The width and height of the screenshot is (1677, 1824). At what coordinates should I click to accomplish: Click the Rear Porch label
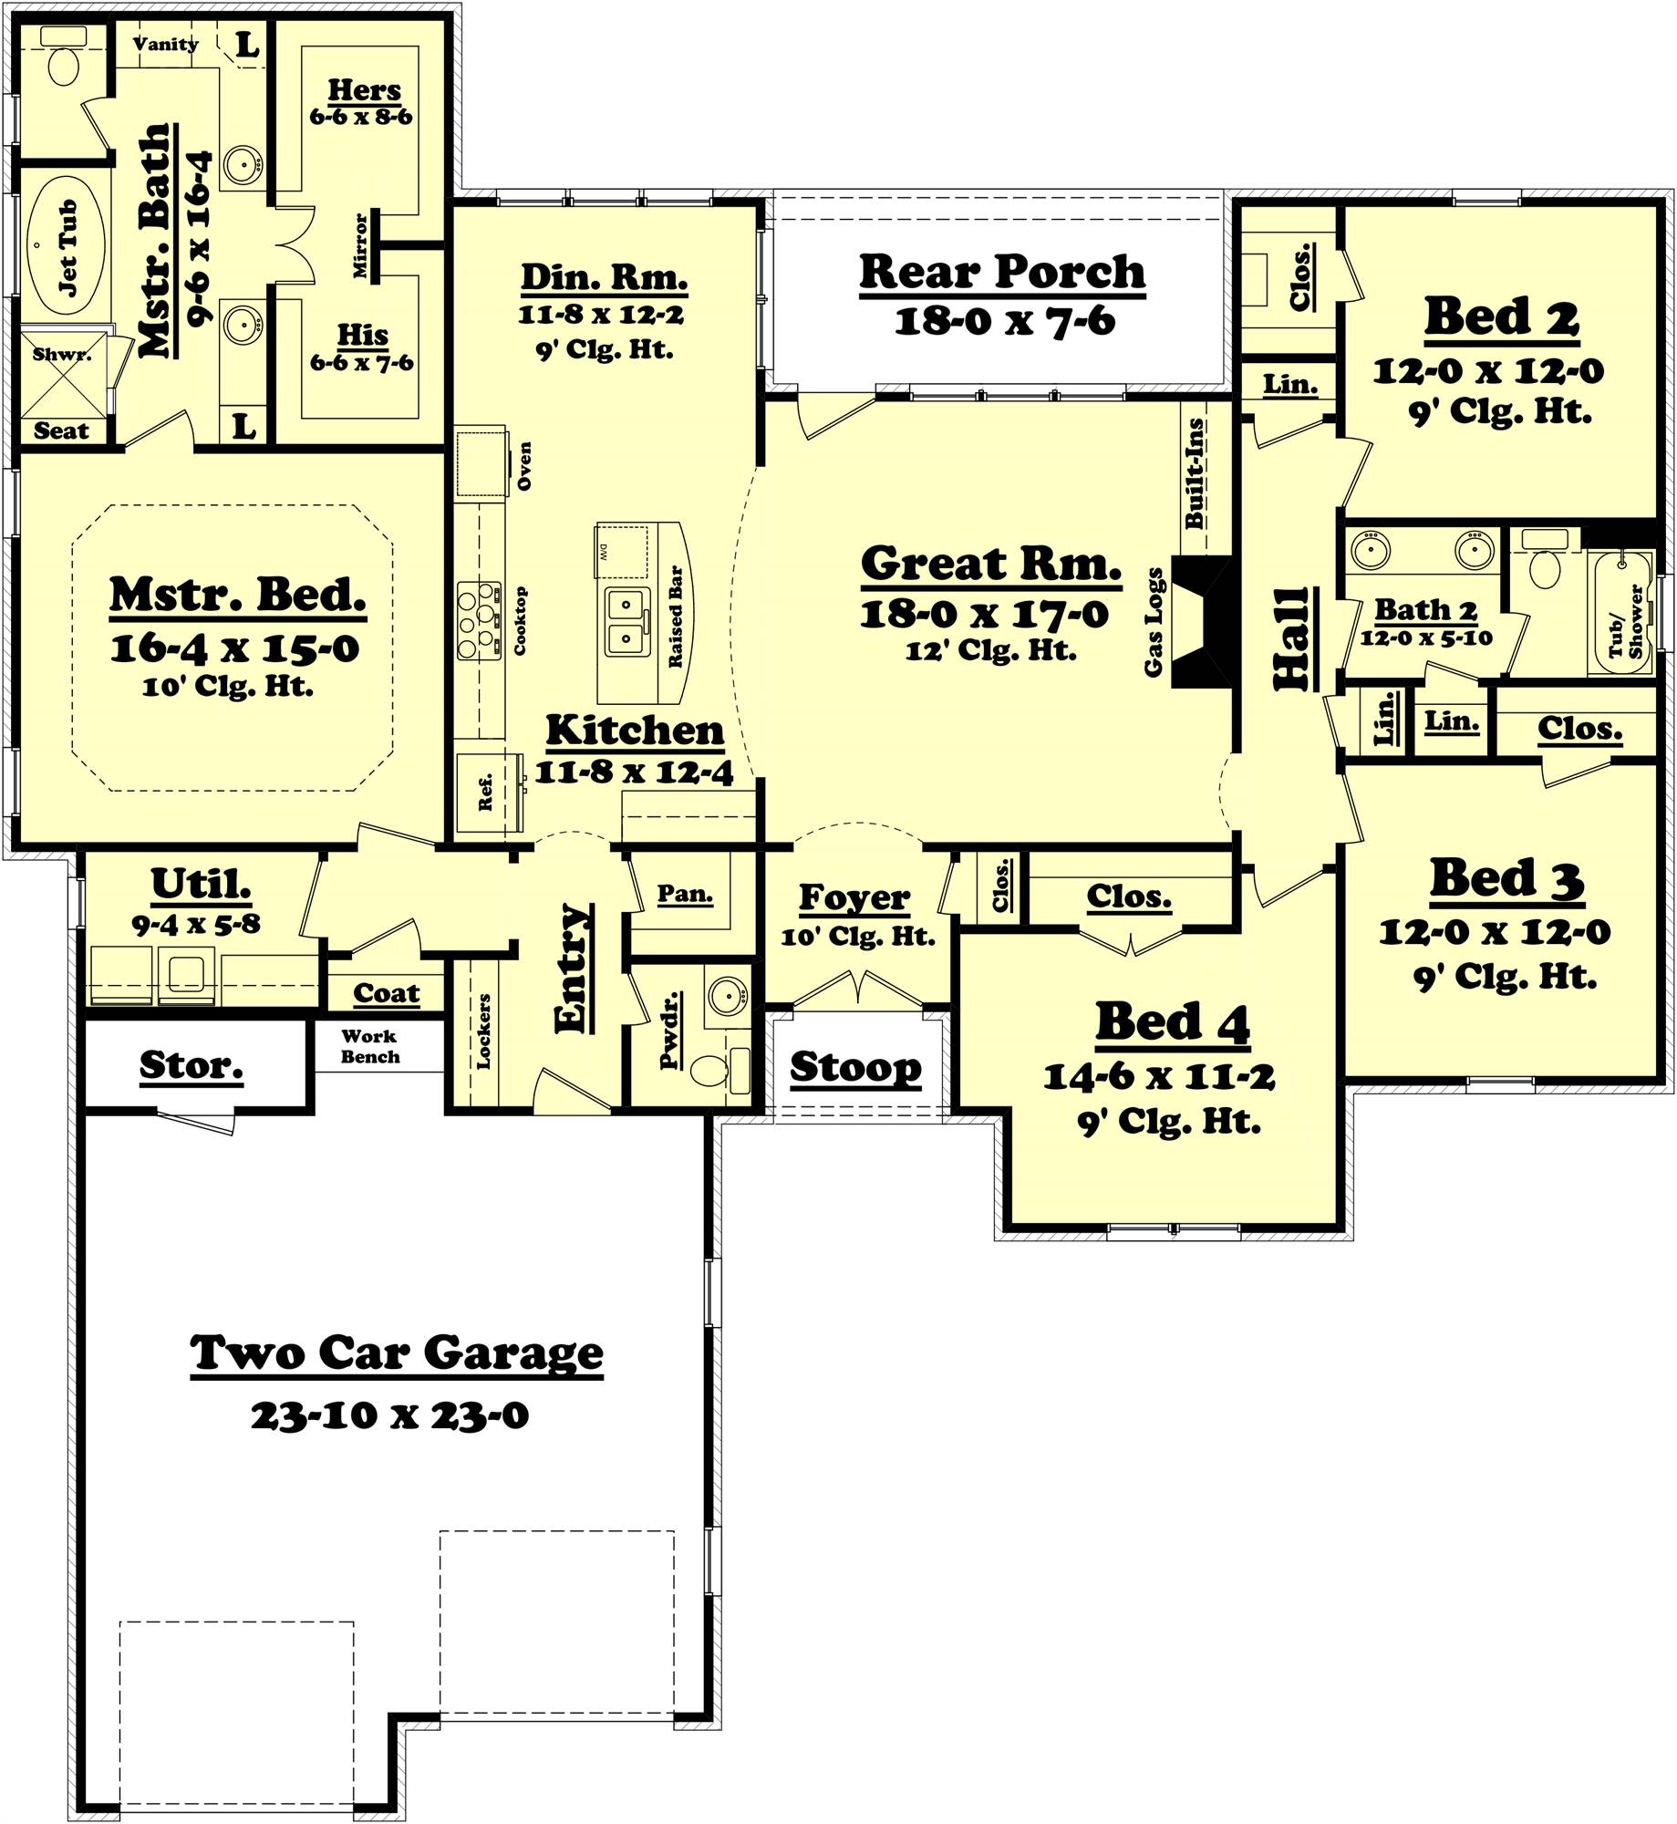click(x=1001, y=272)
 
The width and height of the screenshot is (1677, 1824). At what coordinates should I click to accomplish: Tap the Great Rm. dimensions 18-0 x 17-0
click(x=984, y=614)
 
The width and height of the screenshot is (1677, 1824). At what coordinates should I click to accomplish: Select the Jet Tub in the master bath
click(x=67, y=247)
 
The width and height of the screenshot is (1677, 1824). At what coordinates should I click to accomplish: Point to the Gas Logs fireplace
click(x=1202, y=622)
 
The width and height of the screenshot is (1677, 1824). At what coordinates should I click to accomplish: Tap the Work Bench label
click(x=369, y=1046)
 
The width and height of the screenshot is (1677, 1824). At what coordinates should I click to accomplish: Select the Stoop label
click(x=855, y=1066)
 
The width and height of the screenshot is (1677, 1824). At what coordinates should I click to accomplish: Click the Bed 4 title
click(x=1172, y=1022)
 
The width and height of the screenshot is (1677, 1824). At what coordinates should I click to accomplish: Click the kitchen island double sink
click(x=625, y=621)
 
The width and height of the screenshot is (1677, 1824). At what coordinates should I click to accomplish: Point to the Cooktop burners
click(x=479, y=620)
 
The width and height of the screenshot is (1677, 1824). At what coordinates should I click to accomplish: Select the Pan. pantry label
click(x=685, y=894)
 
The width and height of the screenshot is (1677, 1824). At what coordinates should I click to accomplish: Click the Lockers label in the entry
click(x=482, y=1031)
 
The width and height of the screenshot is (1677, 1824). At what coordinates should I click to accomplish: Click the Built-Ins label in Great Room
click(x=1194, y=473)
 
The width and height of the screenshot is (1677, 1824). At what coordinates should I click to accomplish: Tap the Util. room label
click(x=201, y=883)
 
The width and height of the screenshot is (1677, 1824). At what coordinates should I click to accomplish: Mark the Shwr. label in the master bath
click(x=62, y=354)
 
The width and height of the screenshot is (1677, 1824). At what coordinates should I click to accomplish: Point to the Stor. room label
click(x=191, y=1063)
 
